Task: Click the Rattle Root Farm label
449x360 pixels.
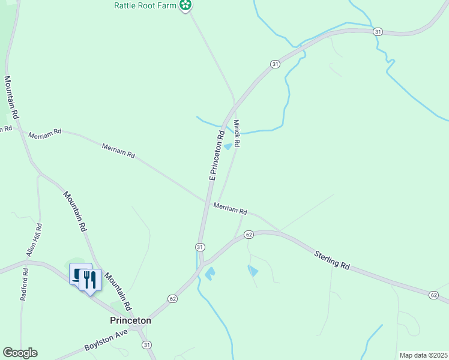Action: point(146,5)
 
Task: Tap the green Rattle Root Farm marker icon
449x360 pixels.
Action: point(187,6)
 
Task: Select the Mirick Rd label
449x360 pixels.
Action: point(237,134)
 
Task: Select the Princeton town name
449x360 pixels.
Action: point(130,320)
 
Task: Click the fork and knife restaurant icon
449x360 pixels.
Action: point(90,279)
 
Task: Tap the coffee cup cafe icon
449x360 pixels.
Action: point(79,275)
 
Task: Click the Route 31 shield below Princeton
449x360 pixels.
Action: point(147,344)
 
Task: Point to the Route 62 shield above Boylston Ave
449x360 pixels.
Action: point(172,298)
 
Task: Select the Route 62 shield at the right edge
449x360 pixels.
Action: point(433,295)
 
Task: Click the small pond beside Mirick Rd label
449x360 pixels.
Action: point(228,146)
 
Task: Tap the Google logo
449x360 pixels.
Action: point(20,353)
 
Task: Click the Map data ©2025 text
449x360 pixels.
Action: point(423,355)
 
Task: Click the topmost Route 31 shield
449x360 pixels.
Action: point(377,31)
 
